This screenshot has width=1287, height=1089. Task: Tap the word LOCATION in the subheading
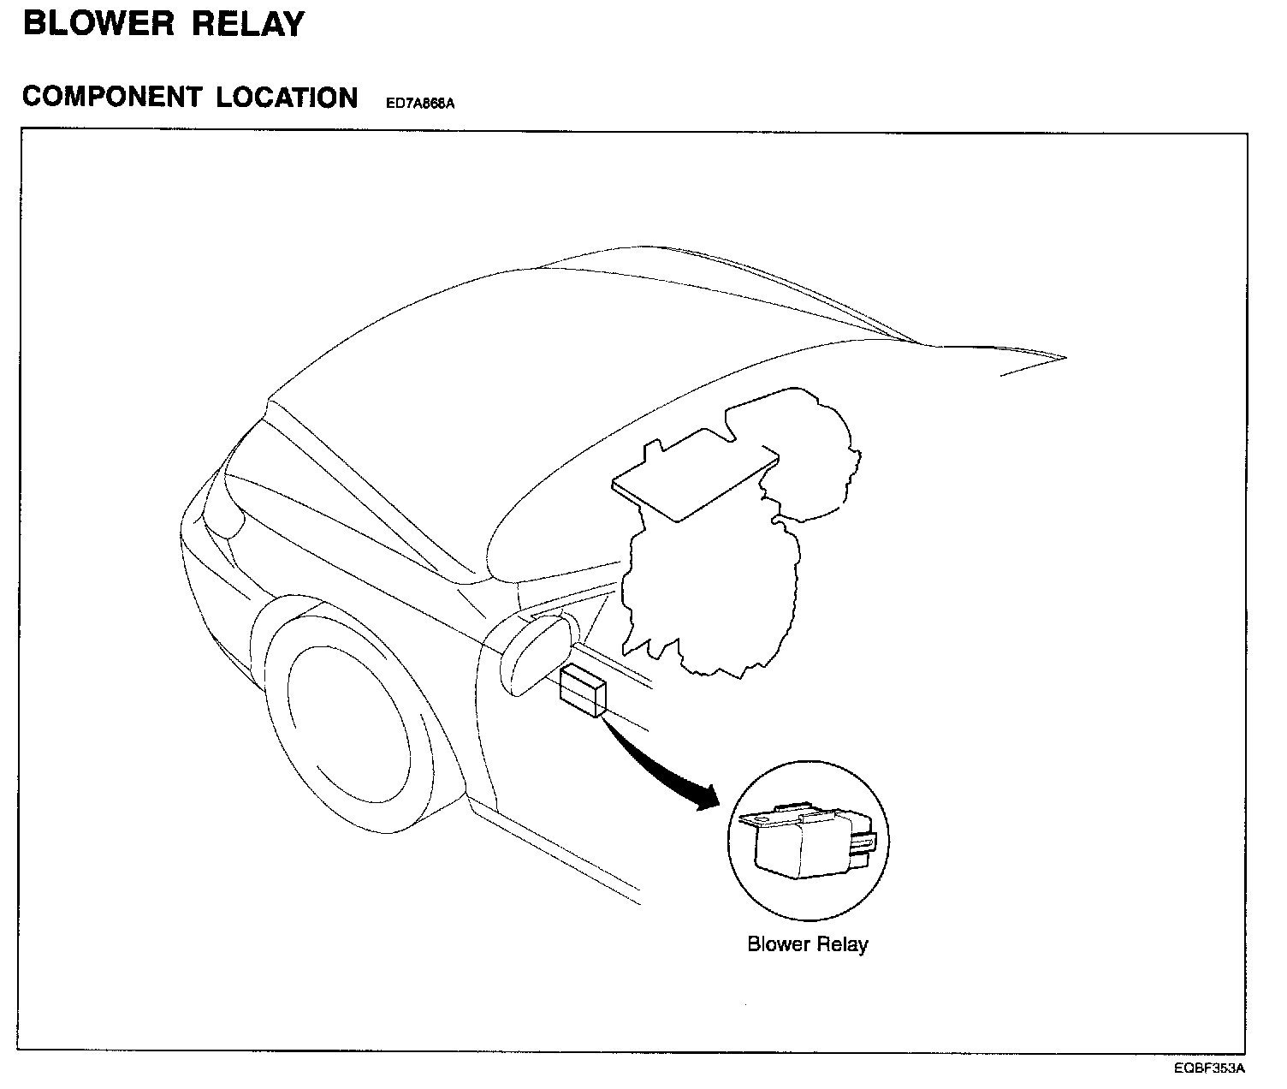coord(287,98)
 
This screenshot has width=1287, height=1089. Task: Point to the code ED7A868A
coord(419,104)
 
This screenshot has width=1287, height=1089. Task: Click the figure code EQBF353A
coord(1209,1068)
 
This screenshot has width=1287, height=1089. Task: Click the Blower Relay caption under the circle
coord(807,944)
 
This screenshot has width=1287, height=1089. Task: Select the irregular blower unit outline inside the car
coord(710,599)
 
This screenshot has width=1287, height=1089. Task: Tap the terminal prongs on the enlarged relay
coord(866,848)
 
